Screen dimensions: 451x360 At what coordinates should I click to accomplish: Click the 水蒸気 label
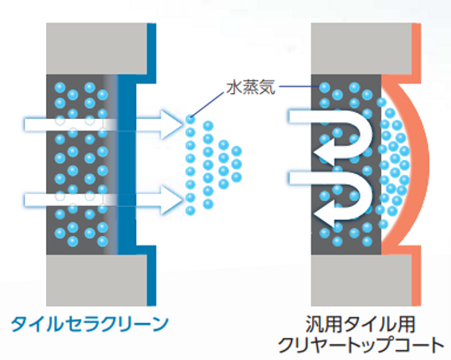coord(250,87)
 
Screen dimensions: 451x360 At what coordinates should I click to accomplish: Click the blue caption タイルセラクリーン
coord(90,324)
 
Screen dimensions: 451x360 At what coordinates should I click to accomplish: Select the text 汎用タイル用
coord(360,324)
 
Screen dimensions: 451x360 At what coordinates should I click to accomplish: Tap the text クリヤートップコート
coord(361,345)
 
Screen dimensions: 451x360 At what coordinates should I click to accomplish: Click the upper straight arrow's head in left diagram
coord(172,125)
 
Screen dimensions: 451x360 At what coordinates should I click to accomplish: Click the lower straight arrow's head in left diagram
coord(172,200)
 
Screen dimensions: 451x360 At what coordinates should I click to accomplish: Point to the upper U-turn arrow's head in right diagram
coord(324,152)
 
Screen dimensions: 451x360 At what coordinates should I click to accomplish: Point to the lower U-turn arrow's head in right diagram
coord(324,213)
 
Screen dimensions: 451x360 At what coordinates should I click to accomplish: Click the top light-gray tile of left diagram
coord(97,49)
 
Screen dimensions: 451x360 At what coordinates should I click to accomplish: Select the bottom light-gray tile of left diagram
coord(97,280)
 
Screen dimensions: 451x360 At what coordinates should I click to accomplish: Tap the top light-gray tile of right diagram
coord(361,49)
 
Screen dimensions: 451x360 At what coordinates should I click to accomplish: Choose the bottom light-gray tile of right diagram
coord(361,280)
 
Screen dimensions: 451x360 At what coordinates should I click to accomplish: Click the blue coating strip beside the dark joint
coord(126,165)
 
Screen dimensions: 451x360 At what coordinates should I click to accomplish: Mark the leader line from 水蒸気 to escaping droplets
coord(207,104)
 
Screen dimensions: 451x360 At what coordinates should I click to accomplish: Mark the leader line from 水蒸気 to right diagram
coord(299,86)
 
